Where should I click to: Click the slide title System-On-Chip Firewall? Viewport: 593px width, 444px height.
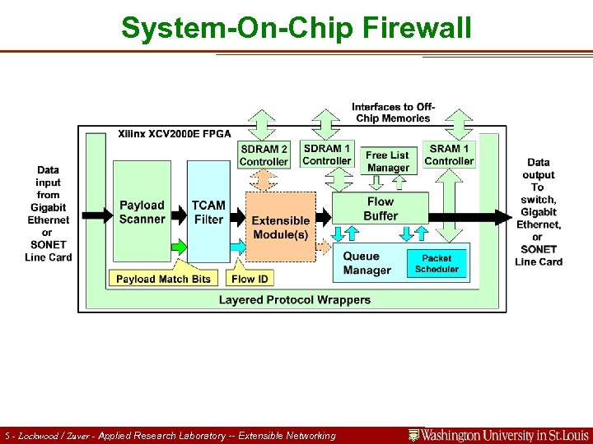(x=296, y=27)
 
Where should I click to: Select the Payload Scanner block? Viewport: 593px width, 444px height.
(x=142, y=212)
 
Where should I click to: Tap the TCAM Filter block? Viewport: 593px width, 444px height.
(x=208, y=212)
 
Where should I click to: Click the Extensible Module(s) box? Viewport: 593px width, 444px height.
(x=280, y=227)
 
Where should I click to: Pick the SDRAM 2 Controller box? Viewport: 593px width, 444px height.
(x=264, y=155)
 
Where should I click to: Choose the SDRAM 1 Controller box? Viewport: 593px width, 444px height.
(x=326, y=154)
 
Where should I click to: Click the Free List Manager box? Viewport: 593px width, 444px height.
(x=387, y=161)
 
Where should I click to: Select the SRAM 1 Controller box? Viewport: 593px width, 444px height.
(x=449, y=155)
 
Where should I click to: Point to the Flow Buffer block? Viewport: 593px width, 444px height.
(x=381, y=209)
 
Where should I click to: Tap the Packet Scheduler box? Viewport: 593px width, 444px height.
(x=437, y=263)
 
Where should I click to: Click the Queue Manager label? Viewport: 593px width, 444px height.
(x=367, y=263)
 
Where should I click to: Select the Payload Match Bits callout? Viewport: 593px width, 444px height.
(x=163, y=279)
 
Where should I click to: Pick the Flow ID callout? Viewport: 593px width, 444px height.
(x=250, y=279)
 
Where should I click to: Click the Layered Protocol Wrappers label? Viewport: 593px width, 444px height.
(x=294, y=300)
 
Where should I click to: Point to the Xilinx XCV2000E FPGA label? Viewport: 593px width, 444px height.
(x=174, y=133)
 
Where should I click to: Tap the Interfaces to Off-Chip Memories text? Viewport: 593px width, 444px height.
(x=393, y=113)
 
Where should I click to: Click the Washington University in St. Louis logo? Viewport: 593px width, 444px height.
(x=498, y=435)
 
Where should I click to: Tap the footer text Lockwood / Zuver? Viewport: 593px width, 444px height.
(x=54, y=436)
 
